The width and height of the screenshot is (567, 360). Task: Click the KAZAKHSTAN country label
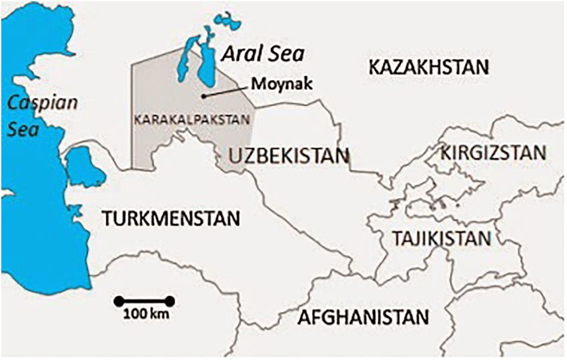pyautogui.click(x=429, y=67)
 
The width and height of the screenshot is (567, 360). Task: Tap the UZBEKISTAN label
pyautogui.click(x=288, y=156)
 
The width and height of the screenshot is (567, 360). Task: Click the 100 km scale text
pyautogui.click(x=143, y=314)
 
